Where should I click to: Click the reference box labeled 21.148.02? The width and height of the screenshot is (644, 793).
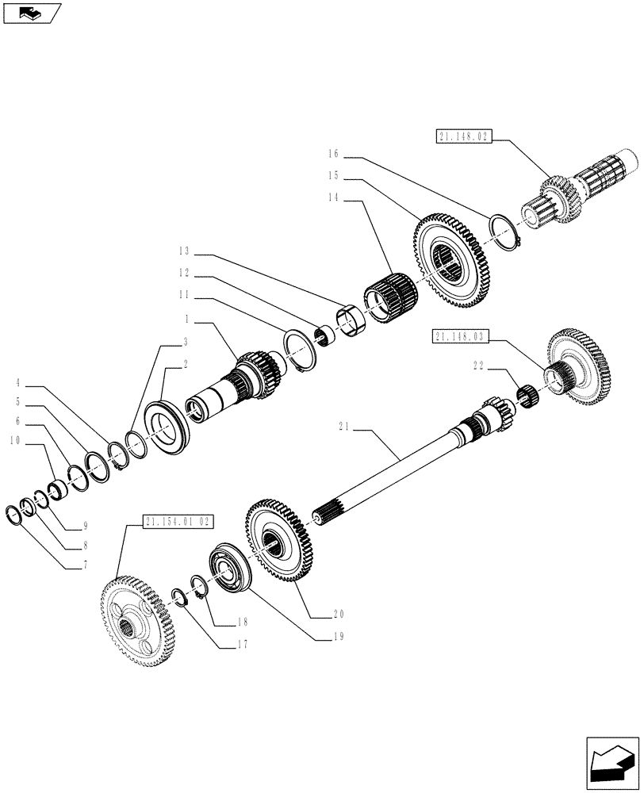pyautogui.click(x=464, y=137)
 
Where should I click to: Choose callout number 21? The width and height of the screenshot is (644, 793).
pyautogui.click(x=344, y=428)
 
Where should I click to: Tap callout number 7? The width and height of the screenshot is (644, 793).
pyautogui.click(x=83, y=566)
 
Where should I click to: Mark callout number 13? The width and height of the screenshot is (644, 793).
pyautogui.click(x=184, y=251)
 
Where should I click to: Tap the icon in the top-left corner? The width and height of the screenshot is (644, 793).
pyautogui.click(x=32, y=13)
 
